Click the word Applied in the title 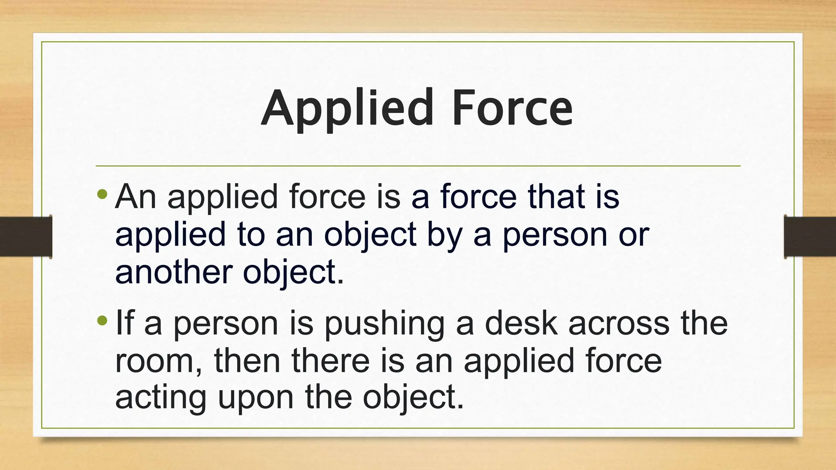(347, 108)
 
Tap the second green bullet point (102, 321)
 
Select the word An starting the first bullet (136, 197)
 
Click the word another (174, 273)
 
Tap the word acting (161, 398)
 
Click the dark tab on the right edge (810, 237)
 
